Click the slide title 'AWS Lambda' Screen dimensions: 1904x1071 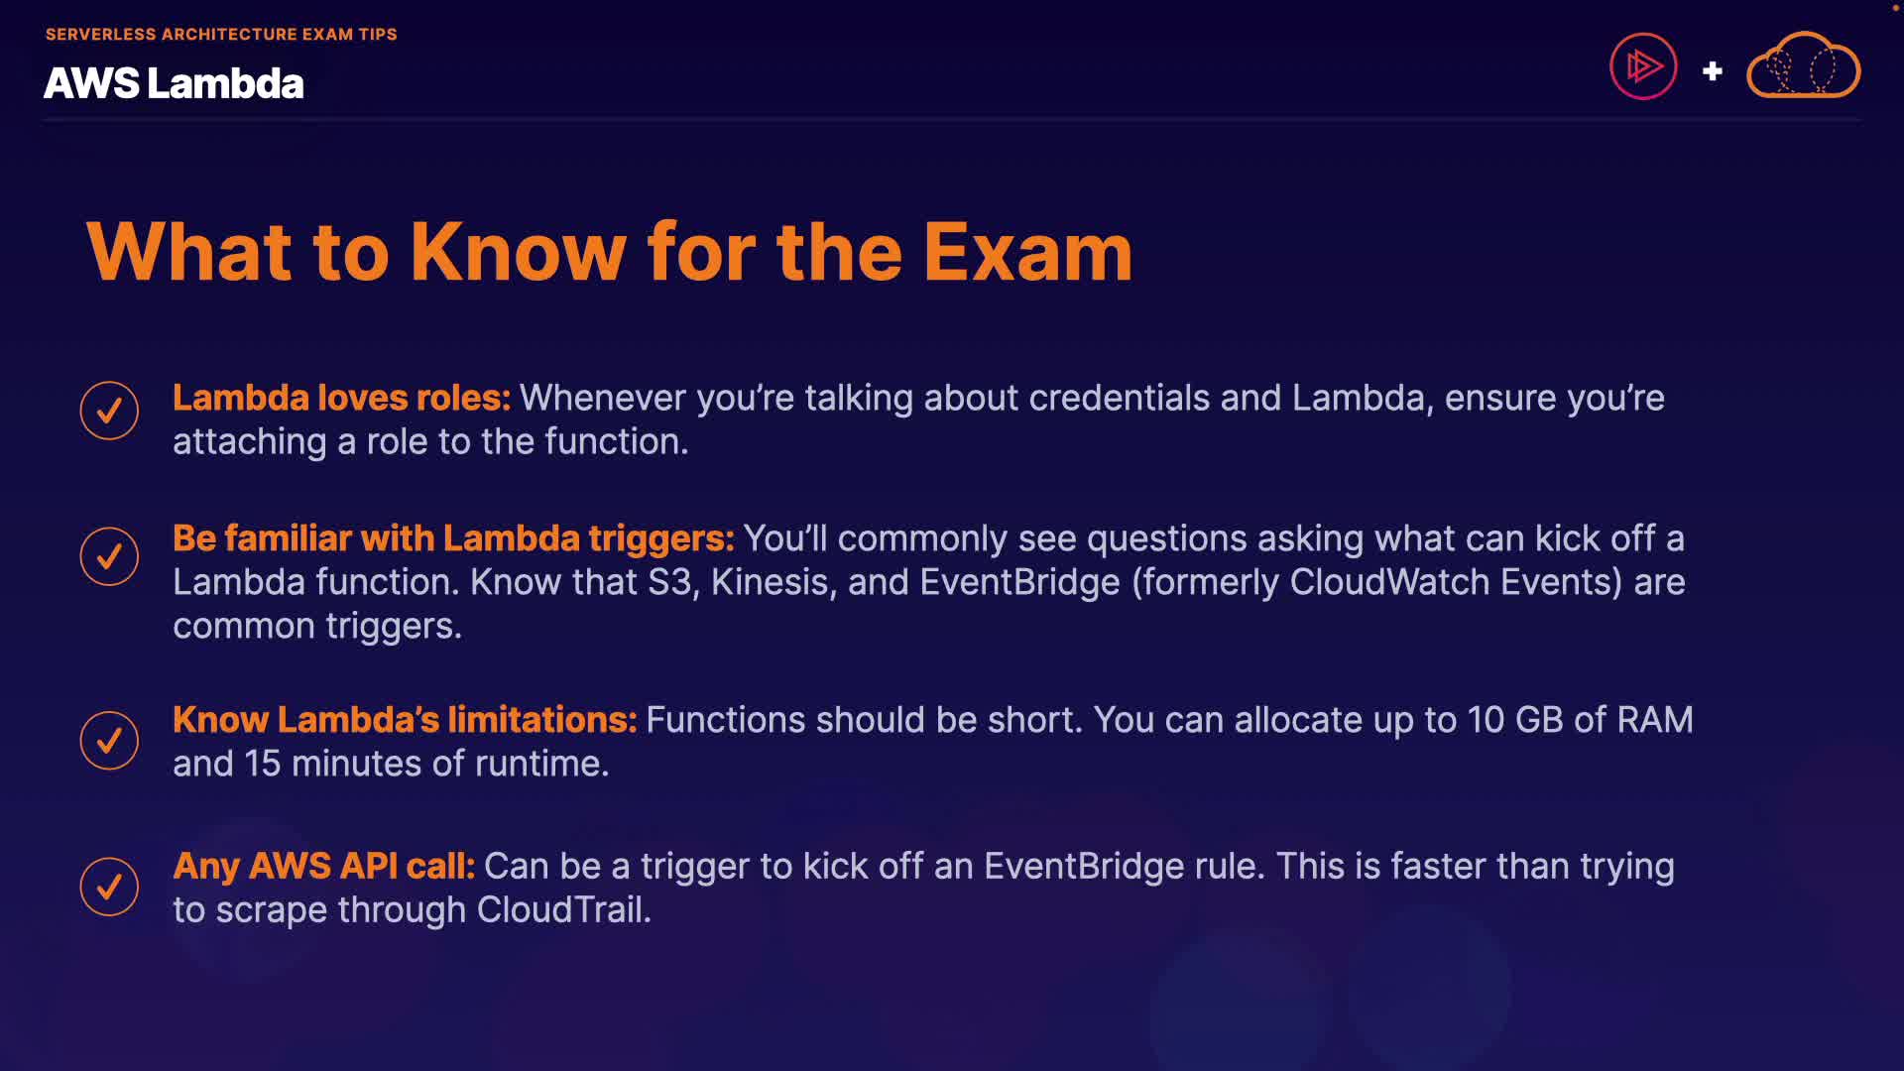coord(174,83)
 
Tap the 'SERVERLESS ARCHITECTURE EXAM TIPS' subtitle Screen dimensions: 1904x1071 coord(221,34)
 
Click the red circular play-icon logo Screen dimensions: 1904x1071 coord(1643,66)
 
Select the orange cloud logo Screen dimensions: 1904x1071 coord(1803,65)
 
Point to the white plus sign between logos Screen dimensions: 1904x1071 coord(1712,71)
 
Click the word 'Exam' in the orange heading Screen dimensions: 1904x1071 coord(1028,252)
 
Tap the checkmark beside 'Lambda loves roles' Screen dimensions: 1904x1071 coord(109,411)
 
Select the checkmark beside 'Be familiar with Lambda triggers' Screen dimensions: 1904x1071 coord(109,556)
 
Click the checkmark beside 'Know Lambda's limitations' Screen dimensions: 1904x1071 coord(109,740)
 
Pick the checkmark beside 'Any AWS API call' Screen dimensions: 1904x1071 coord(109,887)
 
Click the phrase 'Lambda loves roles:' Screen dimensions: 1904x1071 coord(341,398)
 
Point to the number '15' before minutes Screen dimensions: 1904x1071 coord(263,764)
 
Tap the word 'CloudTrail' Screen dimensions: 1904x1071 coord(563,910)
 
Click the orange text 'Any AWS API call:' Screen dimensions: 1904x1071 coord(324,867)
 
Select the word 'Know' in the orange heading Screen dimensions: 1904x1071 coord(518,252)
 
